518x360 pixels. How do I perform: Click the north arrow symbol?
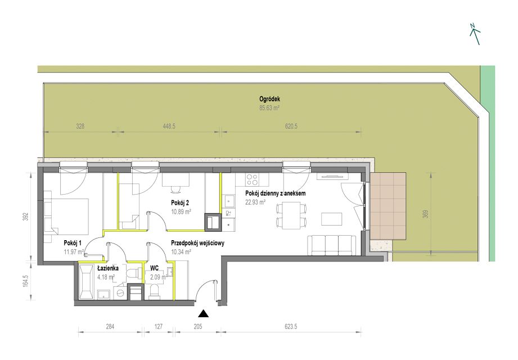pos(475,34)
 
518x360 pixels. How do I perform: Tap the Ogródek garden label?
pos(269,99)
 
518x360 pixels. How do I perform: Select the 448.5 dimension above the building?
pos(169,126)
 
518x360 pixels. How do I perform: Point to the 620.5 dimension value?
pos(291,126)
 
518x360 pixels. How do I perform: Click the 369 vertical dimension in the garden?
pos(426,214)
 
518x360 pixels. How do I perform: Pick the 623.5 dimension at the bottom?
pos(291,326)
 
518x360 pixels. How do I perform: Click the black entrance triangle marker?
pos(204,313)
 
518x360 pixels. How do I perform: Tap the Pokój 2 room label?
pos(180,203)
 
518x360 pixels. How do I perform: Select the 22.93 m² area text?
pos(255,202)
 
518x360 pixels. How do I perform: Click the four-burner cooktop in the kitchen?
pos(252,179)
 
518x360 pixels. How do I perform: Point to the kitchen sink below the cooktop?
pos(228,201)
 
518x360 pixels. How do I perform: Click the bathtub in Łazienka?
pos(87,282)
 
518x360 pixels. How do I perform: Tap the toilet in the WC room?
pos(154,291)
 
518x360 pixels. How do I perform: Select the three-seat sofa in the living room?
pos(332,245)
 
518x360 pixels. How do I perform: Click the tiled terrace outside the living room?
pos(388,206)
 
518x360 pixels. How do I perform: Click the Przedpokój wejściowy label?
pos(197,243)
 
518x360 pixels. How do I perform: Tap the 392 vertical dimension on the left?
pos(26,217)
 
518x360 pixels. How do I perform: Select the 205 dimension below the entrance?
pos(198,326)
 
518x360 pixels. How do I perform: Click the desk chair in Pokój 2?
pos(175,190)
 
